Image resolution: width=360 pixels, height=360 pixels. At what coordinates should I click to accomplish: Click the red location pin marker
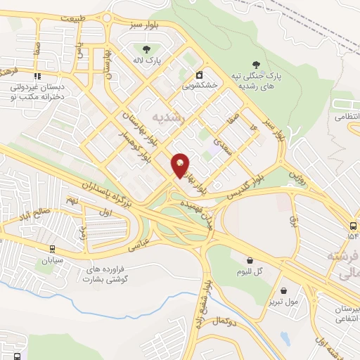pyautogui.click(x=181, y=165)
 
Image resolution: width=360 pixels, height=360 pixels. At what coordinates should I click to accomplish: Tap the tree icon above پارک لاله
pyautogui.click(x=146, y=49)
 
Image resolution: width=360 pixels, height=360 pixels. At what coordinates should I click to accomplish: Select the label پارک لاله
pyautogui.click(x=148, y=61)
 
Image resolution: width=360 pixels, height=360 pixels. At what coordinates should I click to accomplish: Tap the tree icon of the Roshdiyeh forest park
pyautogui.click(x=264, y=63)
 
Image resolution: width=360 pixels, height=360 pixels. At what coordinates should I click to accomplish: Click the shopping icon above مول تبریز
pyautogui.click(x=283, y=290)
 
